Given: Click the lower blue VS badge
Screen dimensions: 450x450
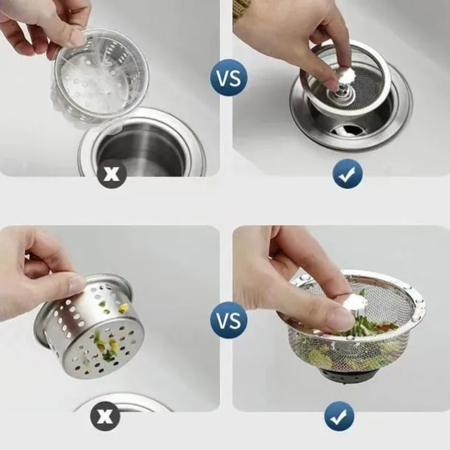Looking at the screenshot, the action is point(229,321).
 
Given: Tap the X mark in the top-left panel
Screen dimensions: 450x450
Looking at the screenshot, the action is point(111,173).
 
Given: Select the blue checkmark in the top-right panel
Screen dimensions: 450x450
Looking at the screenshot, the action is point(347,173).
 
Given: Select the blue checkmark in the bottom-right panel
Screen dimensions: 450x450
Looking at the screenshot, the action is point(339,415).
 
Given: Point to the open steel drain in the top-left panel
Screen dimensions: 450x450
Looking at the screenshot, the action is point(142,144).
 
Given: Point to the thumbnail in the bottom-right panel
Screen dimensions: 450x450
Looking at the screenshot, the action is point(339,318).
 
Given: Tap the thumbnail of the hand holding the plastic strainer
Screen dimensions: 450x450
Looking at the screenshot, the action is point(77,38).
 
